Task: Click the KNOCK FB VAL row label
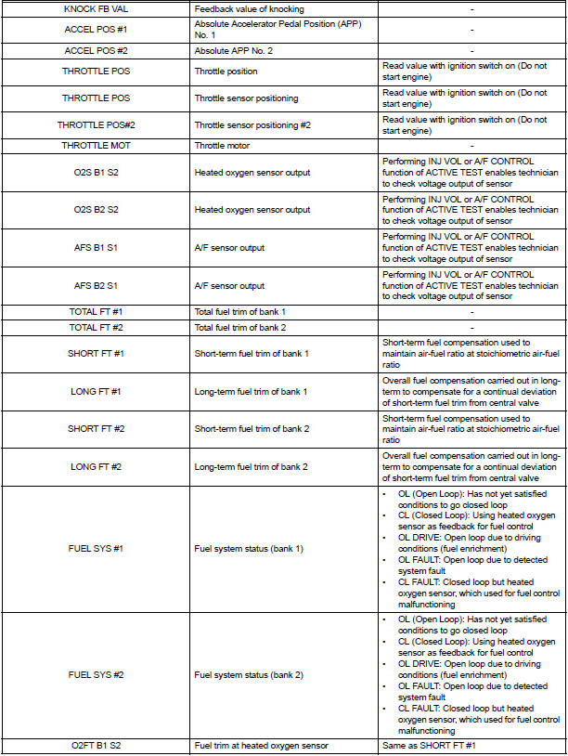click(x=97, y=7)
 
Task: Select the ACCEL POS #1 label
click(x=97, y=28)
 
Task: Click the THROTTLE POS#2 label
click(x=97, y=124)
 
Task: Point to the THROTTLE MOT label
click(x=97, y=146)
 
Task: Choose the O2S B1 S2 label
click(x=97, y=172)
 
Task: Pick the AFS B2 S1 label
click(x=97, y=285)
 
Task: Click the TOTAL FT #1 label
click(x=97, y=310)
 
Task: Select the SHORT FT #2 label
click(x=97, y=428)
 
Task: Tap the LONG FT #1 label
click(x=97, y=391)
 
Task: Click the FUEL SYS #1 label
click(x=97, y=548)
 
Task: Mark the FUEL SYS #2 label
click(x=97, y=674)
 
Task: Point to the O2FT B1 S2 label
click(x=97, y=746)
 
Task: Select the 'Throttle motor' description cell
click(x=222, y=146)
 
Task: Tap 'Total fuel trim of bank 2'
click(x=239, y=327)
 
